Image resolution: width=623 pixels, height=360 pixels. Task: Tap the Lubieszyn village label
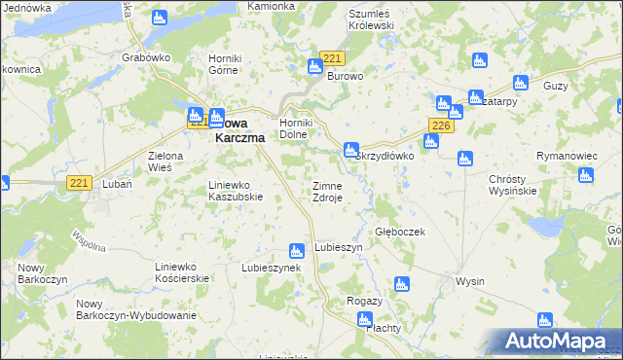(x=338, y=248)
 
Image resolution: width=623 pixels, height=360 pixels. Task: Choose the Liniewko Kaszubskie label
(x=237, y=190)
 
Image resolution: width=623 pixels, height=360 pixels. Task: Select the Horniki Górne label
(x=230, y=63)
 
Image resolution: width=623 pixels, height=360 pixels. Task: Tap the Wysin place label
(x=469, y=281)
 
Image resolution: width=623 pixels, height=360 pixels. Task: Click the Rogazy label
(x=364, y=301)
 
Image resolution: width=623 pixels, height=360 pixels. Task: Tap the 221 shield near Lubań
(x=80, y=182)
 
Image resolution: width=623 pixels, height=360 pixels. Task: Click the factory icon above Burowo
(x=314, y=67)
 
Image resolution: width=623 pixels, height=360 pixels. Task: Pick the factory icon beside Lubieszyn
(x=297, y=251)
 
